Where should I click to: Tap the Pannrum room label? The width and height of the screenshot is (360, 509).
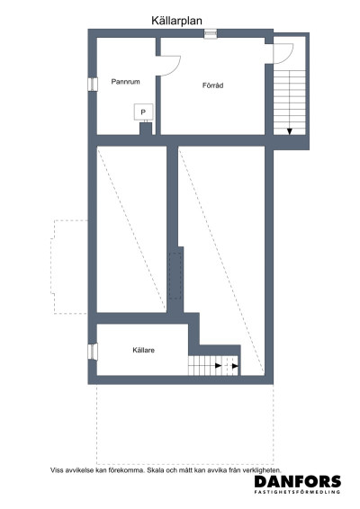[x=126, y=81]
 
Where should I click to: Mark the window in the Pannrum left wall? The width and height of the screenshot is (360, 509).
[x=92, y=84]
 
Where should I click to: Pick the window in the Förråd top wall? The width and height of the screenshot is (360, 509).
[x=211, y=34]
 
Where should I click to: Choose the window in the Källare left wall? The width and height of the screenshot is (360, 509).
[x=92, y=351]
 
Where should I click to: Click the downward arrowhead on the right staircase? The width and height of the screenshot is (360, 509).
[x=290, y=131]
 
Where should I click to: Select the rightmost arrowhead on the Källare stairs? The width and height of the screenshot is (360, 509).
[x=236, y=366]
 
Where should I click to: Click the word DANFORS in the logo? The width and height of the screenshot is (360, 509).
[x=298, y=482]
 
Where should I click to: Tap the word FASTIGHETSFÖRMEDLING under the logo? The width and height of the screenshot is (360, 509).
[x=298, y=494]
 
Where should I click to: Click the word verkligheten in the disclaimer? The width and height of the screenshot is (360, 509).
[x=261, y=469]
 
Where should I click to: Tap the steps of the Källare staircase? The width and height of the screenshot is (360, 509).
[x=205, y=366]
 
